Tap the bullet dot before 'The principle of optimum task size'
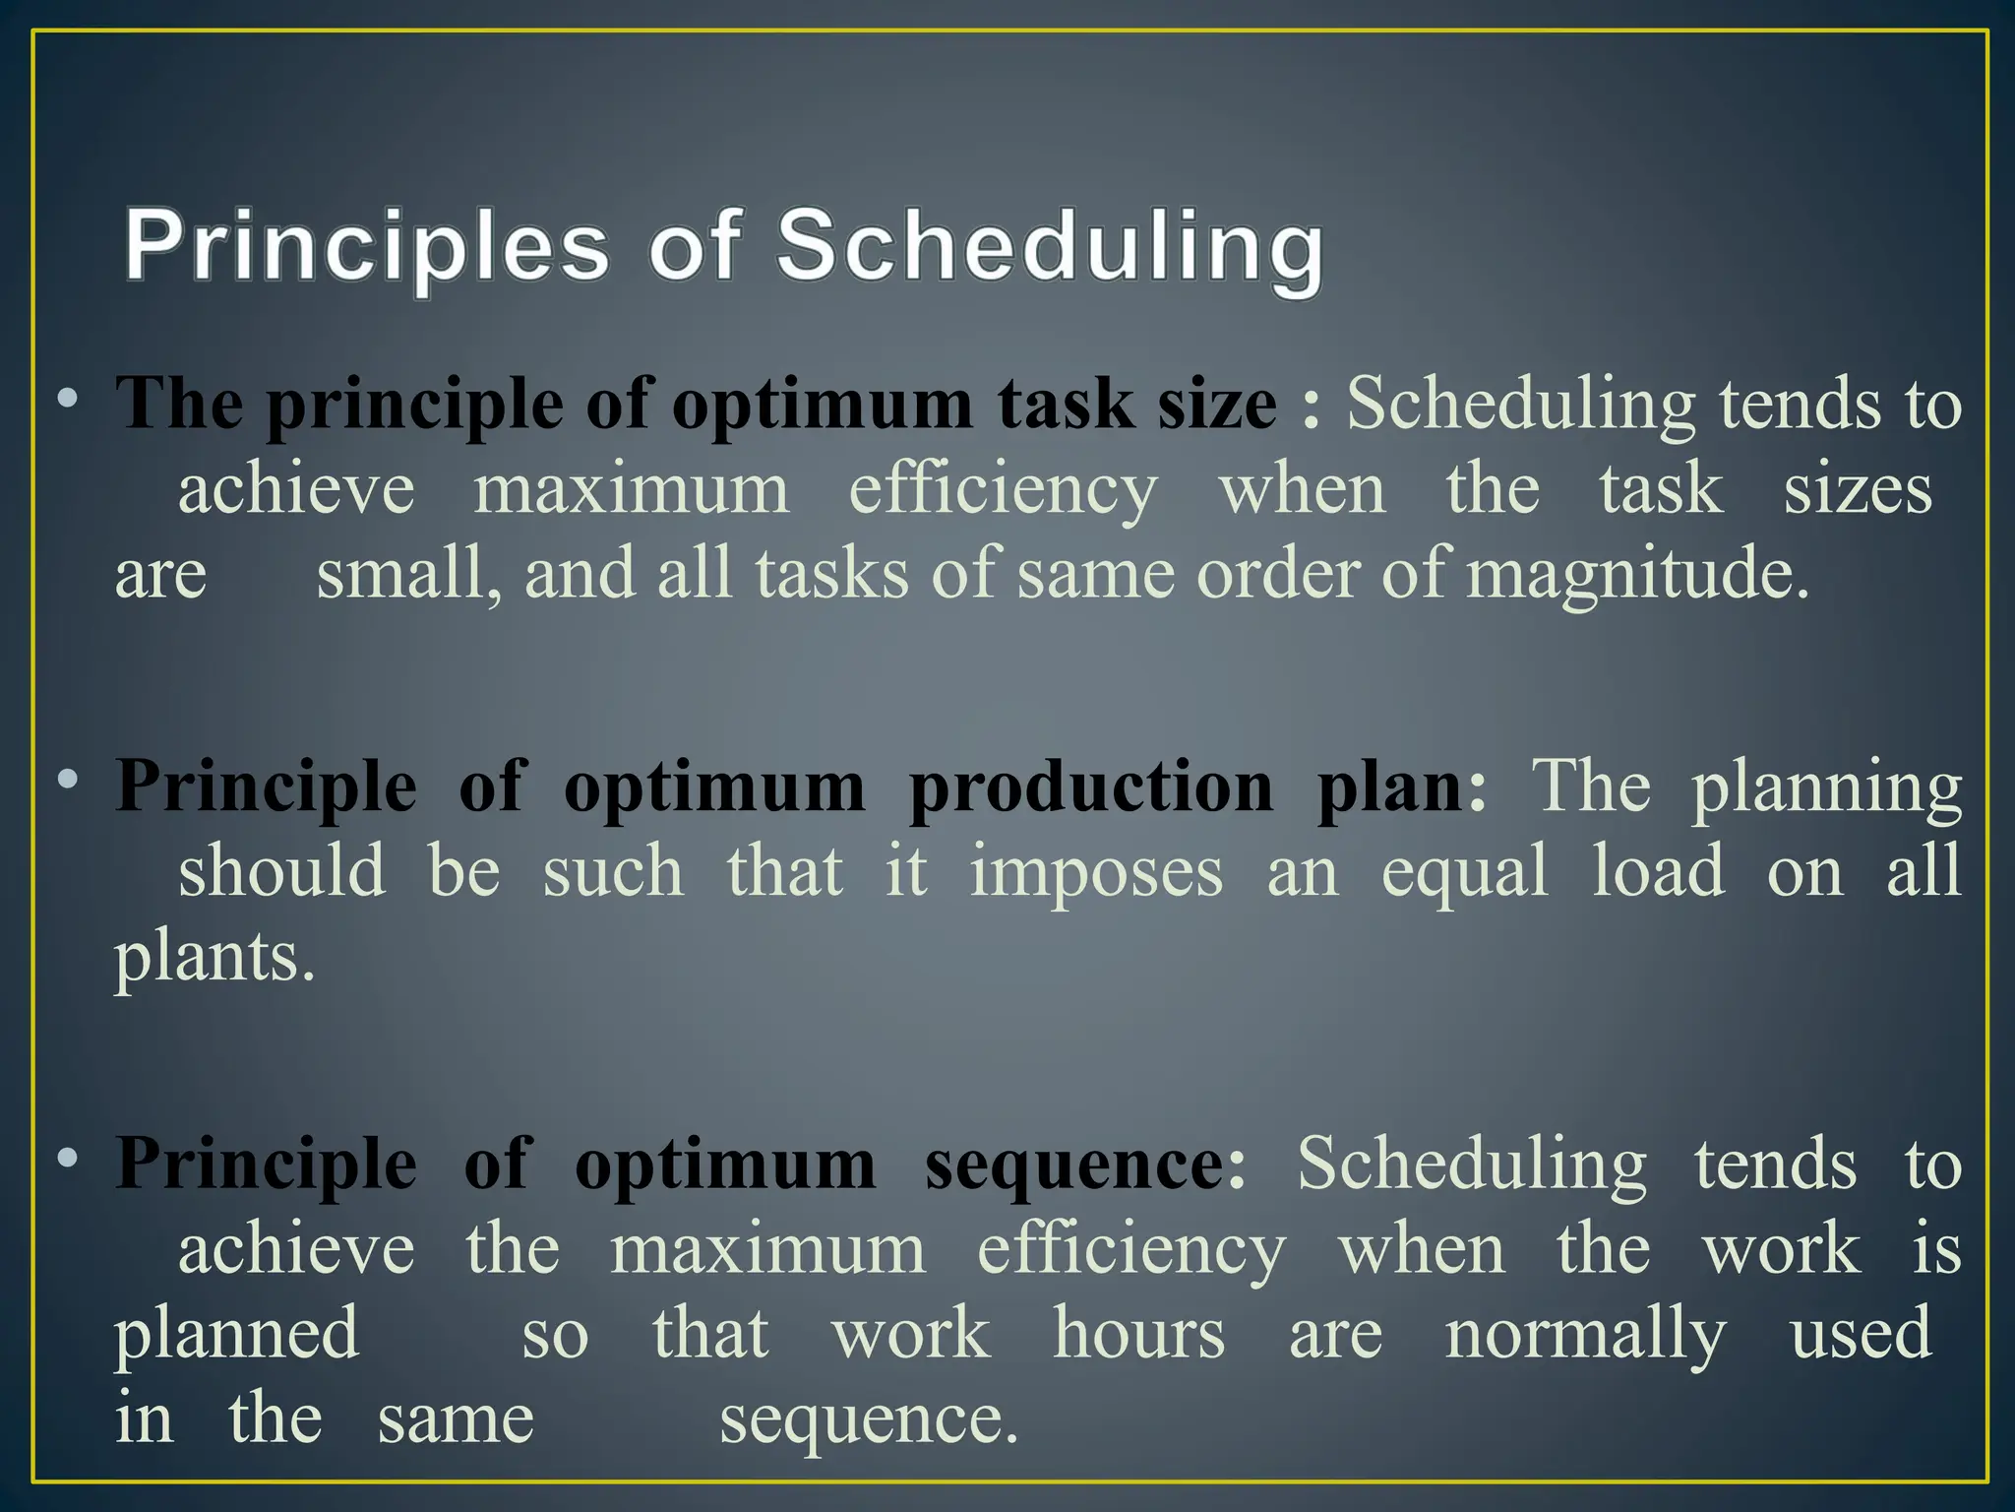click(x=67, y=400)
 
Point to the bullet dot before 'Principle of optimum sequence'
click(x=67, y=1159)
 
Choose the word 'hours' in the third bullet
click(x=1138, y=1334)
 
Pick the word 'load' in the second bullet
click(x=1658, y=871)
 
